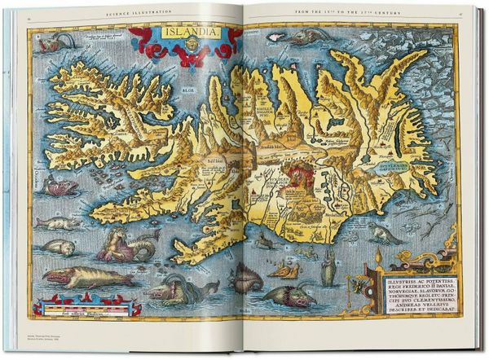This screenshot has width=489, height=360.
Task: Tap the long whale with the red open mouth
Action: [x=88, y=277]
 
